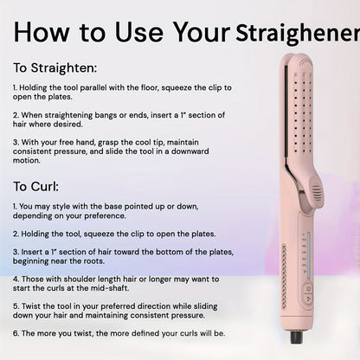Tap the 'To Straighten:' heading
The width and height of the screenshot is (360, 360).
(54, 67)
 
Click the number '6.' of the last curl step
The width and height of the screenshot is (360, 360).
(16, 332)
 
